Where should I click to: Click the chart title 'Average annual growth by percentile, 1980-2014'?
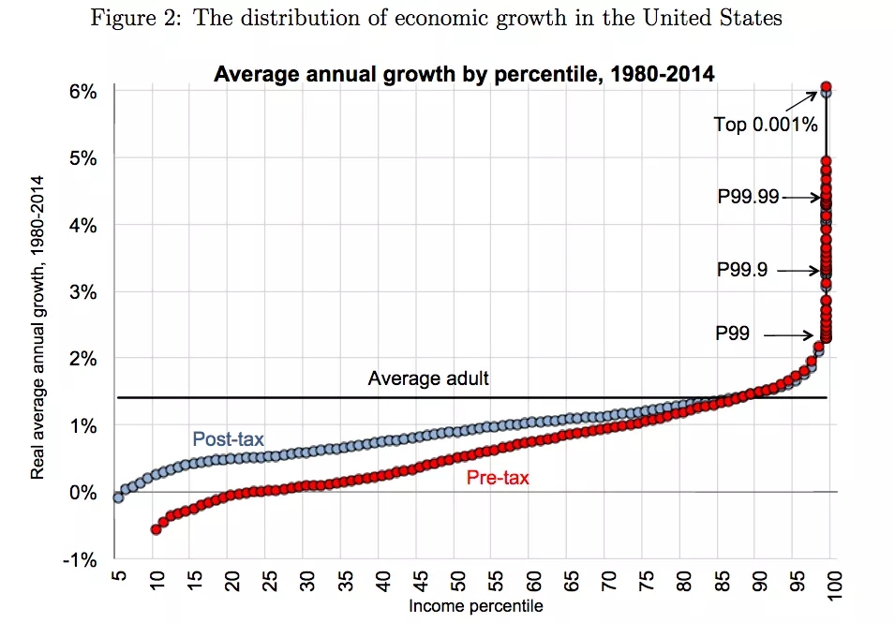pyautogui.click(x=464, y=74)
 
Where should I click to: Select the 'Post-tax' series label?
pyautogui.click(x=229, y=438)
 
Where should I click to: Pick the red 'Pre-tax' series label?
pyautogui.click(x=498, y=478)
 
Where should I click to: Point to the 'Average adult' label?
pyautogui.click(x=428, y=378)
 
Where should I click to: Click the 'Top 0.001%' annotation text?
pyautogui.click(x=766, y=124)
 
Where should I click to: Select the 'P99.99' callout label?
pyautogui.click(x=748, y=197)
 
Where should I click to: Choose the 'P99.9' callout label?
pyautogui.click(x=742, y=270)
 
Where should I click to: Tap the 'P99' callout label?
pyautogui.click(x=733, y=332)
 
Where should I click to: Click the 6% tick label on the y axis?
pyautogui.click(x=82, y=92)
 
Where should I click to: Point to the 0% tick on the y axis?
pyautogui.click(x=82, y=492)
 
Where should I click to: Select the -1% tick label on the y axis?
pyautogui.click(x=81, y=559)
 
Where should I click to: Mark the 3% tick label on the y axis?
pyautogui.click(x=82, y=292)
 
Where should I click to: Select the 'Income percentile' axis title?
pyautogui.click(x=475, y=606)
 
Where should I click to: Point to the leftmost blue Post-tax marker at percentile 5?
pyautogui.click(x=118, y=497)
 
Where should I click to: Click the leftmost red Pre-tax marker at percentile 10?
pyautogui.click(x=156, y=529)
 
